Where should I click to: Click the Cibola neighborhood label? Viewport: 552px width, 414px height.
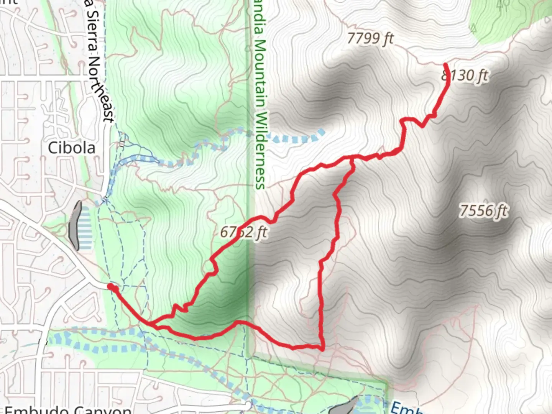[x=72, y=148]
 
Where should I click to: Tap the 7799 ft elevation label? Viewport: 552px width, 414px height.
[x=370, y=38]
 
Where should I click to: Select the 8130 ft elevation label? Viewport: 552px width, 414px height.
[x=465, y=76]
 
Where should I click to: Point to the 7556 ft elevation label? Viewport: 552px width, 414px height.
[x=484, y=210]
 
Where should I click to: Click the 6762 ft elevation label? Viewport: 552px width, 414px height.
[x=243, y=232]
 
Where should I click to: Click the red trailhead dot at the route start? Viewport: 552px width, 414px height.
[x=110, y=286]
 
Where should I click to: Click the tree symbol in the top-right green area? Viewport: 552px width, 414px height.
[x=503, y=4]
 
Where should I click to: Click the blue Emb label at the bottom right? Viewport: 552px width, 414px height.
[x=406, y=408]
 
